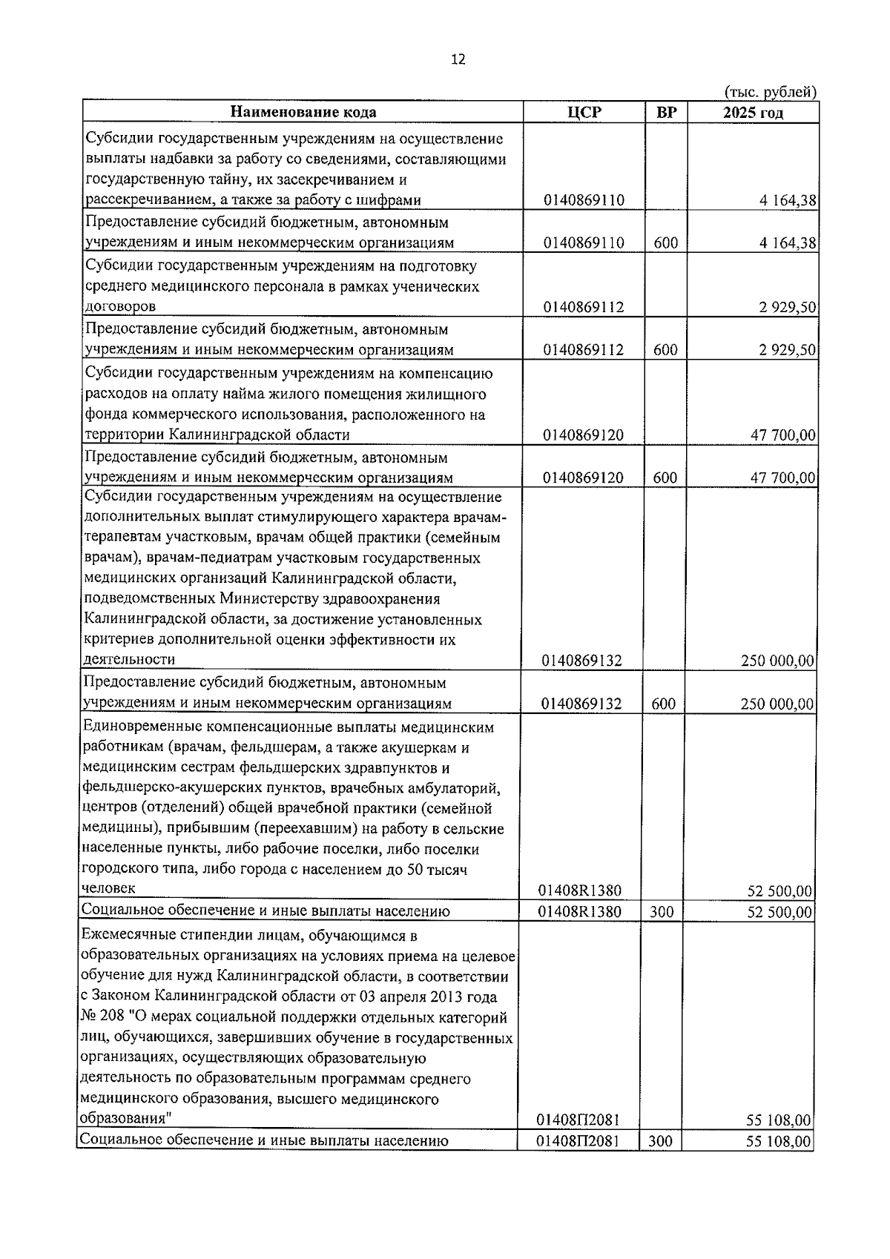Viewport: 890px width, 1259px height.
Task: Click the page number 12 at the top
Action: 458,60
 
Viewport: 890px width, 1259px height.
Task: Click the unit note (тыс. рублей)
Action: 770,93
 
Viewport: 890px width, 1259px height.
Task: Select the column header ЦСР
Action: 583,112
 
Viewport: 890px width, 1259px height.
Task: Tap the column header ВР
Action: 666,112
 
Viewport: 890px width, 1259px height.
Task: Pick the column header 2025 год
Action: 753,112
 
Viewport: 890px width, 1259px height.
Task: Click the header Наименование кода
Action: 303,112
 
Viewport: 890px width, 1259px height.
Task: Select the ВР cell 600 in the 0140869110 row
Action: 665,242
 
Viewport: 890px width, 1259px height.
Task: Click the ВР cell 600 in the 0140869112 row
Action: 665,349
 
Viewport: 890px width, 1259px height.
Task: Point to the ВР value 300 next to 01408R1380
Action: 662,911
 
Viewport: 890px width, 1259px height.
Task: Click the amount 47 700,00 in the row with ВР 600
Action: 783,478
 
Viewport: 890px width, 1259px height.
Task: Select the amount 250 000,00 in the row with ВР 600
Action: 777,703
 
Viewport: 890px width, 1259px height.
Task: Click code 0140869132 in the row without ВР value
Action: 582,661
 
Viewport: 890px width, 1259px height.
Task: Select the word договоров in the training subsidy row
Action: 120,306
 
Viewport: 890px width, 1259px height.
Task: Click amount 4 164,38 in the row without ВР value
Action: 788,200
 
